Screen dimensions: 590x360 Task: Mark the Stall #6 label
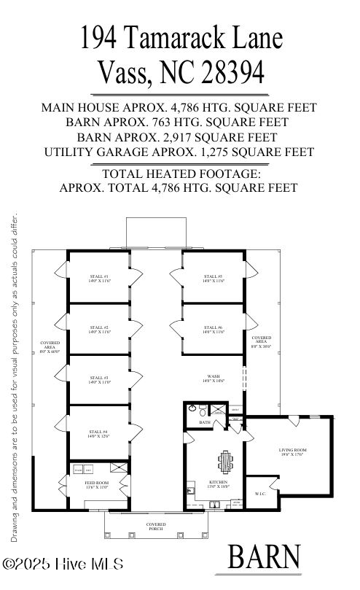click(x=214, y=330)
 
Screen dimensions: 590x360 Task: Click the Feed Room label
click(x=98, y=484)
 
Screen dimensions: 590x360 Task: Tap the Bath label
click(x=205, y=422)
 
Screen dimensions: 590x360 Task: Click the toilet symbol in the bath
click(x=192, y=410)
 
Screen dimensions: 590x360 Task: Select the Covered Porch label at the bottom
click(x=155, y=527)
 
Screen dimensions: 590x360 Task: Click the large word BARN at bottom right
click(x=264, y=557)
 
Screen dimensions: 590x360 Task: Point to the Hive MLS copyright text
click(x=63, y=564)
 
